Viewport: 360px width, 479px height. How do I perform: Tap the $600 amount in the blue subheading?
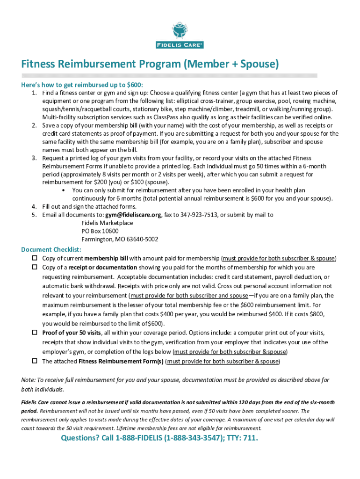pyautogui.click(x=134, y=85)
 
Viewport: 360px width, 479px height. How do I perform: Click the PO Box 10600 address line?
pyautogui.click(x=100, y=231)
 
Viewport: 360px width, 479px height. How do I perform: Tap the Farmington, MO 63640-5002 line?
pyautogui.click(x=120, y=239)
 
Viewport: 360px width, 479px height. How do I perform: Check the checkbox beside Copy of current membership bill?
pyautogui.click(x=34, y=258)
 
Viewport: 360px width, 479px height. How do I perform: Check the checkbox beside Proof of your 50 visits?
pyautogui.click(x=34, y=332)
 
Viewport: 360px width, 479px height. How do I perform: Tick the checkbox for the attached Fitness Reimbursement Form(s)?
pyautogui.click(x=34, y=361)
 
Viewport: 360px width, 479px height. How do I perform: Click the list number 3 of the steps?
pyautogui.click(x=34, y=158)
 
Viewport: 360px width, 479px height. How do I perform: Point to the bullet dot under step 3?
pyautogui.click(x=63, y=190)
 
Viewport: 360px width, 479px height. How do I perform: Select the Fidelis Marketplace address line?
pyautogui.click(x=107, y=223)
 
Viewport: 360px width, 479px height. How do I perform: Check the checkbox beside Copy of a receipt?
pyautogui.click(x=34, y=267)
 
